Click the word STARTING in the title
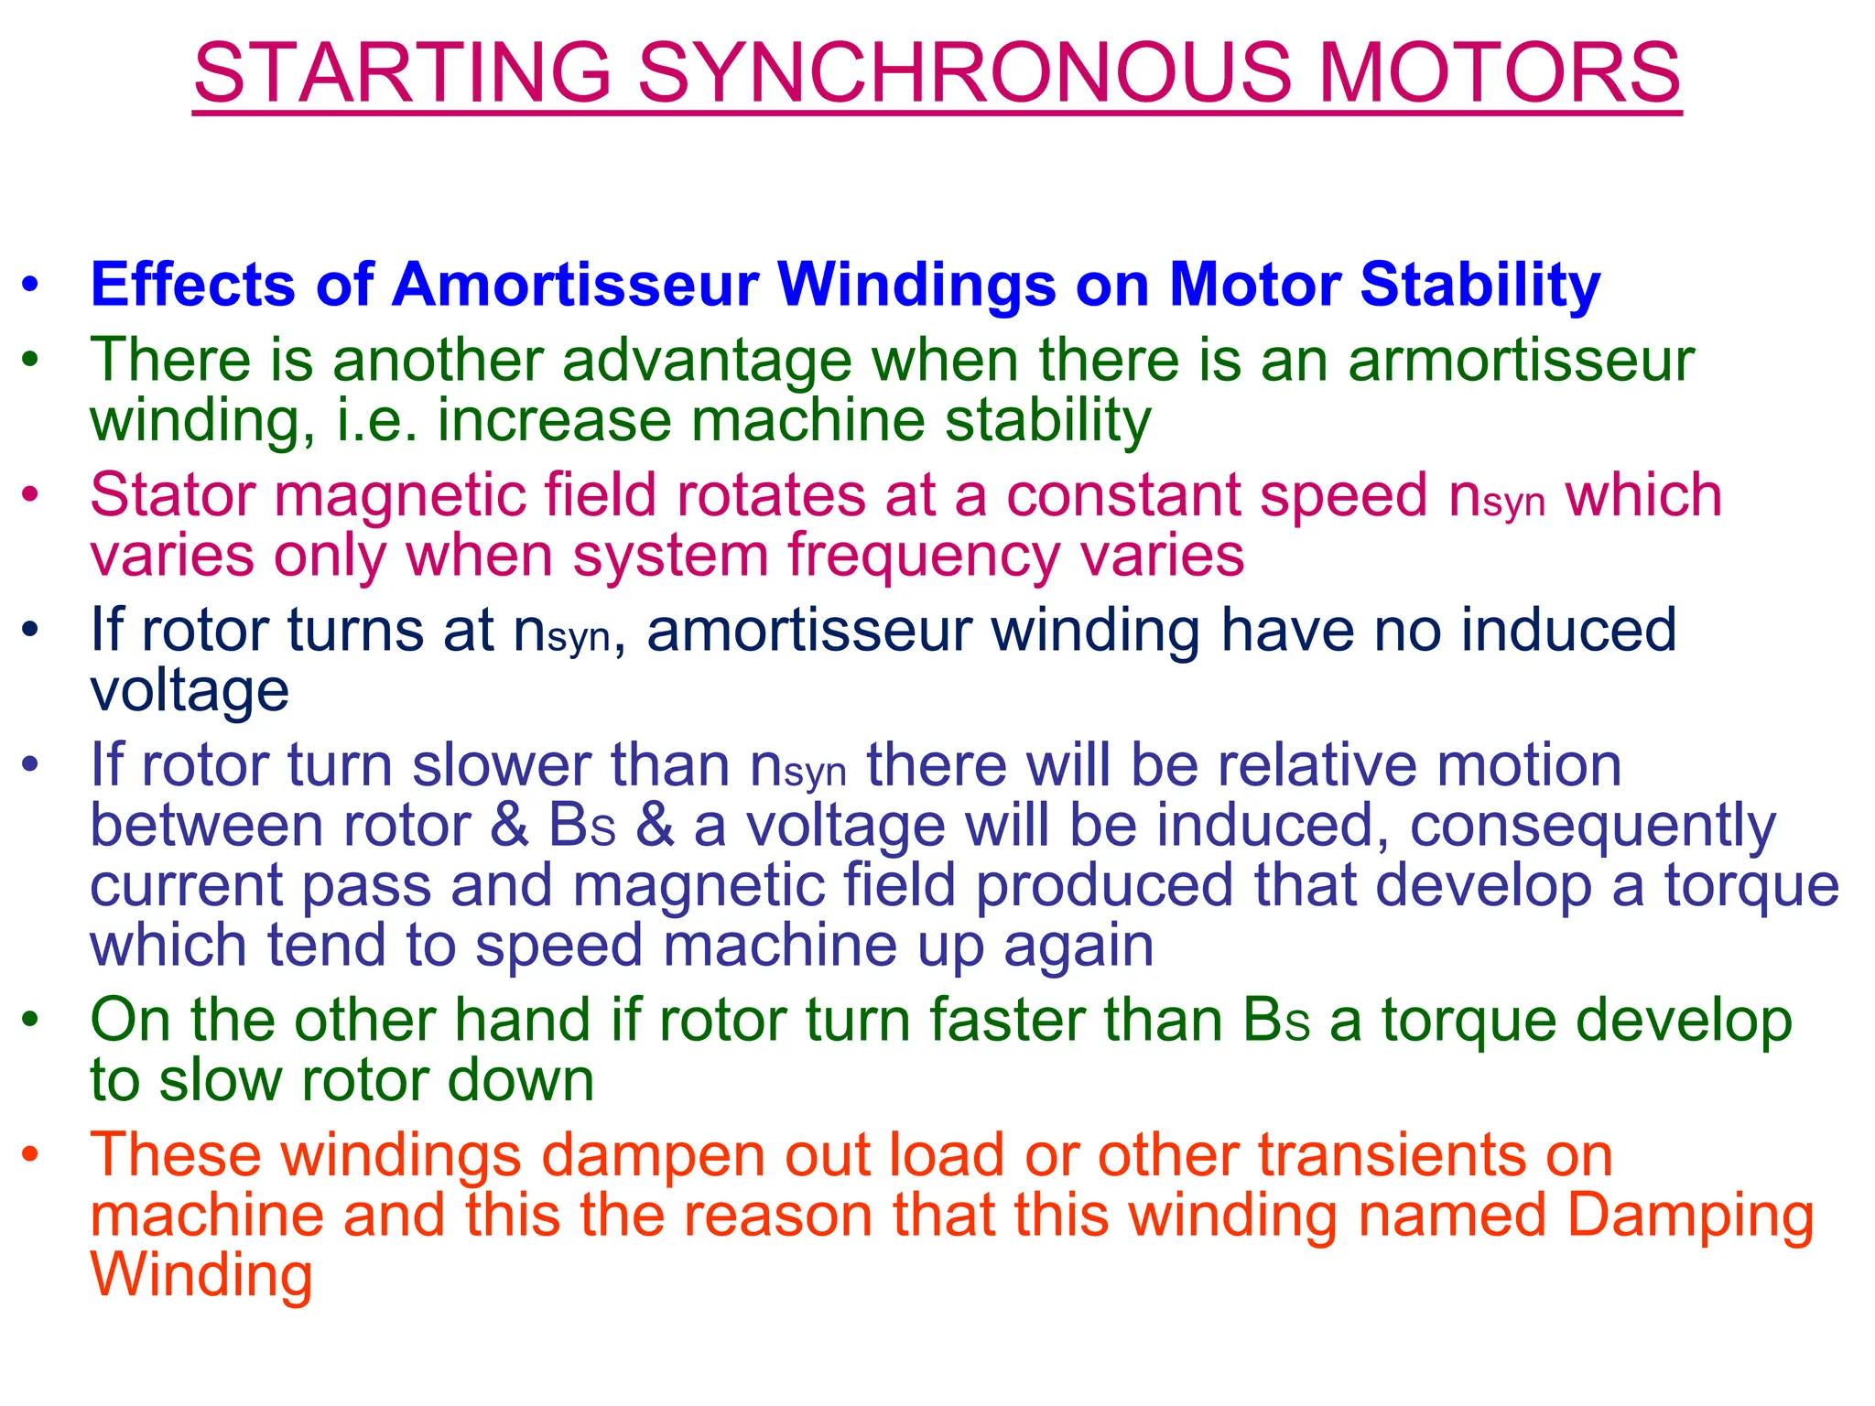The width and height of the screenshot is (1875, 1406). click(x=402, y=72)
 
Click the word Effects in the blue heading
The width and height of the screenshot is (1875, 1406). click(x=192, y=285)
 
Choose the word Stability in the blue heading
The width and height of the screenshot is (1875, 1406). click(x=1479, y=285)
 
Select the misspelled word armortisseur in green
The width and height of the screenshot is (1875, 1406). click(x=1521, y=360)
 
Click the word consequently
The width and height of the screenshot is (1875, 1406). click(x=1592, y=825)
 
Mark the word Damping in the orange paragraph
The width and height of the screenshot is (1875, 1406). click(x=1690, y=1216)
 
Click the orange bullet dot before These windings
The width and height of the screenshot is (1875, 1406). click(x=31, y=1155)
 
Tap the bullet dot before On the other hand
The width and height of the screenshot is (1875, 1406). click(x=31, y=1021)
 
